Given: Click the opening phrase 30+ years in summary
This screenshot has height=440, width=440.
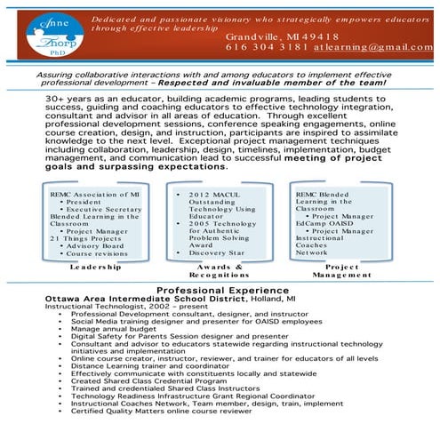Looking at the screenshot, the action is (76, 96).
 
